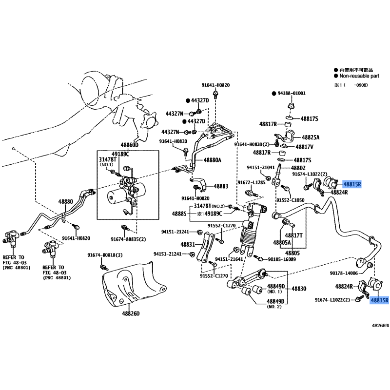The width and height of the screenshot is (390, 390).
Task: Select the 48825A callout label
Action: click(310, 137)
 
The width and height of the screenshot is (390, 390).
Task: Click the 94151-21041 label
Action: click(261, 167)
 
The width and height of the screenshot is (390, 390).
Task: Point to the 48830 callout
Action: click(299, 289)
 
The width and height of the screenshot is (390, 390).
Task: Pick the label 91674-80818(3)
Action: click(105, 255)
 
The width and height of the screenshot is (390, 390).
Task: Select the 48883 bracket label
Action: click(220, 186)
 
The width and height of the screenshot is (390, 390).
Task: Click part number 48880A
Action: click(213, 160)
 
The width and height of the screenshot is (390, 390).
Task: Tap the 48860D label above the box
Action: click(130, 145)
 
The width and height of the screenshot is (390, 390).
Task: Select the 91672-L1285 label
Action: click(251, 182)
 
